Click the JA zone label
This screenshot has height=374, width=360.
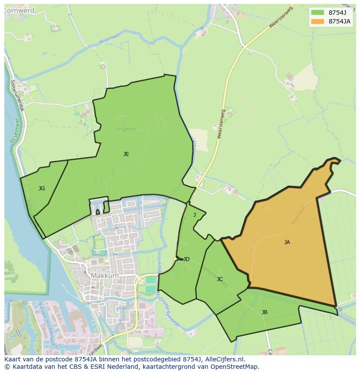pyautogui.click(x=287, y=242)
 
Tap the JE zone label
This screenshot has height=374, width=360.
pyautogui.click(x=126, y=154)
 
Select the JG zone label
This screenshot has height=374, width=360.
pyautogui.click(x=42, y=189)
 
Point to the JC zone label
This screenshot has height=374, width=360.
pyautogui.click(x=220, y=279)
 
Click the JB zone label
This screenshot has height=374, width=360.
pyautogui.click(x=264, y=312)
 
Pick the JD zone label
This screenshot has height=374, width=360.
pyautogui.click(x=186, y=259)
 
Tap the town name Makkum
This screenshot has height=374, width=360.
pyautogui.click(x=104, y=276)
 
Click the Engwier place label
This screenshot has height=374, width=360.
pyautogui.click(x=126, y=129)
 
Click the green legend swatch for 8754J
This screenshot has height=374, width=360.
pyautogui.click(x=317, y=12)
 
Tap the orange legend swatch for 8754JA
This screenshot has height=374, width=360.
pyautogui.click(x=317, y=21)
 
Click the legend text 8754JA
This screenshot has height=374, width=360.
pyautogui.click(x=340, y=21)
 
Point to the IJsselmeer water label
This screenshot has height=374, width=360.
pyautogui.click(x=13, y=130)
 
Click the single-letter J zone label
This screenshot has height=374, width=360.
pyautogui.click(x=194, y=215)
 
